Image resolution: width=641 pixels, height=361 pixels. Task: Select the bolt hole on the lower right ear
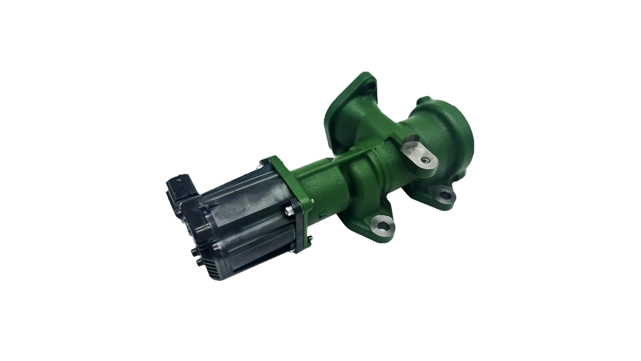point(444,193)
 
